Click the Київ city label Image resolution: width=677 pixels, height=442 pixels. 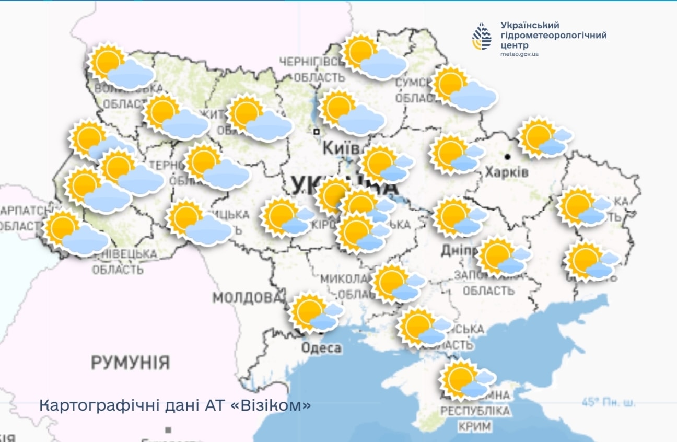[341, 148]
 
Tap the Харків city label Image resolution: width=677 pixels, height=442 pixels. [507, 171]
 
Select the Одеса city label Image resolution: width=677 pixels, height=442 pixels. [322, 347]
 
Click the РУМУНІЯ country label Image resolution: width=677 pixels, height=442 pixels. [131, 362]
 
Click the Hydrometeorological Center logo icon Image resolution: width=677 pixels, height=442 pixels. [482, 37]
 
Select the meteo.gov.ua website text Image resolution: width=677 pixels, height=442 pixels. [519, 54]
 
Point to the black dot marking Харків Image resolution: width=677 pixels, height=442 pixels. [507, 156]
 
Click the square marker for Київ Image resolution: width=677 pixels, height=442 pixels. [316, 132]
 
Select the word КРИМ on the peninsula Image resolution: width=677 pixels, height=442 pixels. [475, 426]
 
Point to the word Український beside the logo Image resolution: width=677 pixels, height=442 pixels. [530, 25]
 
